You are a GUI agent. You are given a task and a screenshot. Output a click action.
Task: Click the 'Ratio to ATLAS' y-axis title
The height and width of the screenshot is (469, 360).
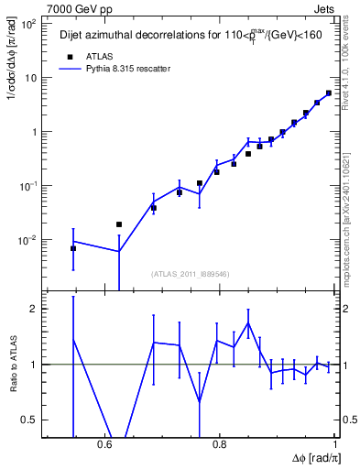click(x=12, y=365)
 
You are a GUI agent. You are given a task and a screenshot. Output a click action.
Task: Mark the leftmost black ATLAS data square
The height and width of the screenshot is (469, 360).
click(x=73, y=248)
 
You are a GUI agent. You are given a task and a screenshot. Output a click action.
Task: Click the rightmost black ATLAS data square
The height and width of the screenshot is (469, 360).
click(x=329, y=93)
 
